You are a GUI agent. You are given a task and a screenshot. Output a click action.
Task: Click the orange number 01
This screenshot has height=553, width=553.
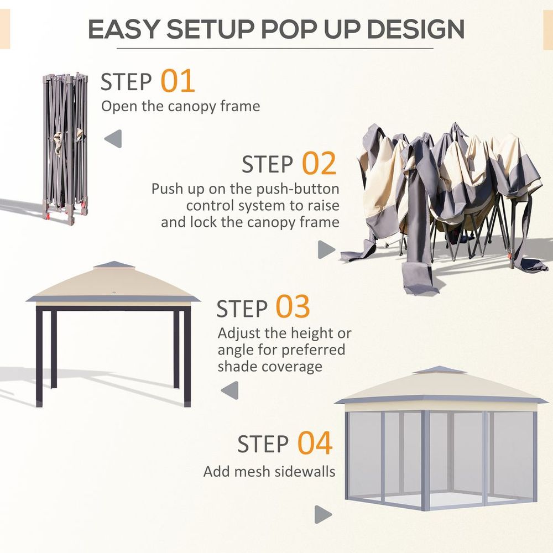coord(178,81)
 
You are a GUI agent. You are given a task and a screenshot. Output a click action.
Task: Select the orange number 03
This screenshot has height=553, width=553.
coord(293,307)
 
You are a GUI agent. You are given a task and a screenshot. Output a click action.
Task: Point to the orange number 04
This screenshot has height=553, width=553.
coord(315,443)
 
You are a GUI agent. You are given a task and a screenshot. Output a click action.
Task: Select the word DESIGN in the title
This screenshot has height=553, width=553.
coord(409,29)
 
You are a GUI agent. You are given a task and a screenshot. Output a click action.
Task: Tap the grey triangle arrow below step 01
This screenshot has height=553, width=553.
coord(113,139)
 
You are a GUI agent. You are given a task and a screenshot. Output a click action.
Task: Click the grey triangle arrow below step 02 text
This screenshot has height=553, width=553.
coord(326,249)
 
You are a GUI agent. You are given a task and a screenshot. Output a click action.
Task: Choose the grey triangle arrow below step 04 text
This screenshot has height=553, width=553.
coord(323,514)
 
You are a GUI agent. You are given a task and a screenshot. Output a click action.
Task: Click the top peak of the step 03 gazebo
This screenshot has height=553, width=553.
coord(113,264)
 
